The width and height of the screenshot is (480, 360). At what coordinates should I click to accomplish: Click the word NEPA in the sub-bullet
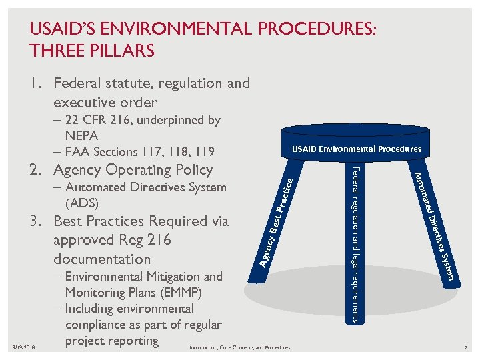(81, 135)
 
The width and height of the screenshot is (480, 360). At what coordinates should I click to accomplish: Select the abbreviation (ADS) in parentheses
(83, 202)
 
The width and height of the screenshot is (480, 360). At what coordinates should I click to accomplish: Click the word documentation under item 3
(101, 259)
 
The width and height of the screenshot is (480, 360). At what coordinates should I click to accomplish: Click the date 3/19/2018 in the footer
(23, 347)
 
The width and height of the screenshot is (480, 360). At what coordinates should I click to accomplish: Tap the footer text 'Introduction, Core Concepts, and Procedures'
(240, 348)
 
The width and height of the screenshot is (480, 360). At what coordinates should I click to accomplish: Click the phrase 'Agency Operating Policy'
(133, 170)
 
